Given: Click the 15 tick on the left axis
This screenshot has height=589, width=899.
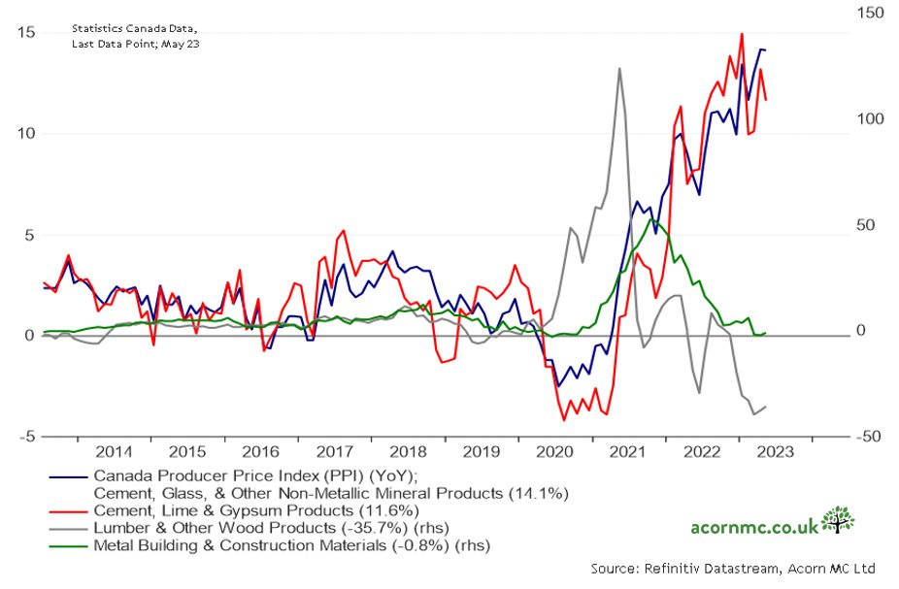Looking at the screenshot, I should [x=26, y=32].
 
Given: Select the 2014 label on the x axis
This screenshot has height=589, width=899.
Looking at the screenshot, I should [x=115, y=452].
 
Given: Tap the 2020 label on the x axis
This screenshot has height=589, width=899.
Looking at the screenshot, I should [x=554, y=452].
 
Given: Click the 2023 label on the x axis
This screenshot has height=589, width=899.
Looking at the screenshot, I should [x=774, y=452].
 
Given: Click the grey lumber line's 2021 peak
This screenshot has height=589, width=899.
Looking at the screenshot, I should [x=619, y=68].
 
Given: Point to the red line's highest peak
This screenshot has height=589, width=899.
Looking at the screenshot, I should [x=742, y=34].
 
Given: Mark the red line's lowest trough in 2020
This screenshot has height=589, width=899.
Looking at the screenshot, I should [x=564, y=420].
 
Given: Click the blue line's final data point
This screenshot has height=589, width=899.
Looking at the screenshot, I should [x=766, y=50].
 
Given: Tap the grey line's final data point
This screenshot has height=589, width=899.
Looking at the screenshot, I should [x=766, y=407].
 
